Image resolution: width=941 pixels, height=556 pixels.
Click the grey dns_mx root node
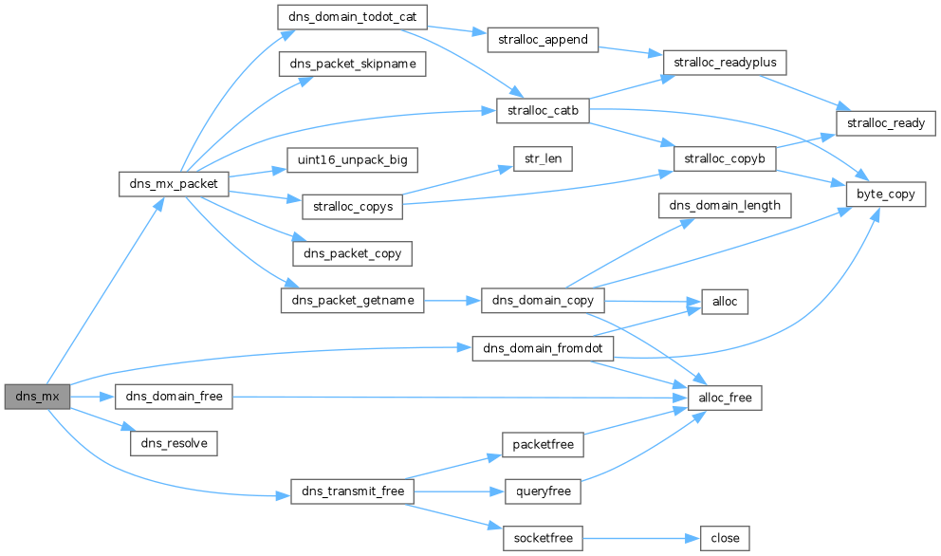tap(37, 397)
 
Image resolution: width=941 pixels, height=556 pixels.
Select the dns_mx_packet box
tap(174, 184)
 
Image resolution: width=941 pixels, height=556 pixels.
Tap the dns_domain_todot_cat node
tap(352, 17)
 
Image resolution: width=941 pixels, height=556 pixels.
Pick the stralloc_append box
tap(543, 40)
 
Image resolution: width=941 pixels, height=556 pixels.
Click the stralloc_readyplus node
tap(725, 63)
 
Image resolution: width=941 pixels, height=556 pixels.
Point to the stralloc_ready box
tap(886, 123)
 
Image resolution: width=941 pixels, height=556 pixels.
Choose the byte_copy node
tap(886, 194)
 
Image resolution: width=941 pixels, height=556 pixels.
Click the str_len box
tap(544, 158)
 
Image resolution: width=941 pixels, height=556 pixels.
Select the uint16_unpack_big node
tap(352, 160)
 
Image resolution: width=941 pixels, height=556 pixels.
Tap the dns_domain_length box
tap(725, 205)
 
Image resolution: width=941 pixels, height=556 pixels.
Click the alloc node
tap(725, 302)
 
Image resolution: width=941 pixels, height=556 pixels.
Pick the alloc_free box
tap(725, 398)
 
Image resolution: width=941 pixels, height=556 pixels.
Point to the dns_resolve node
tap(174, 443)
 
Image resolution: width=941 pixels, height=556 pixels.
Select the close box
tap(725, 538)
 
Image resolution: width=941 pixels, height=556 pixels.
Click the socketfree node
tap(543, 538)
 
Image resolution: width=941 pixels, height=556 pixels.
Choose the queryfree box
tap(544, 491)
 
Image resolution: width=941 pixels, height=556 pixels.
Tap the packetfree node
tap(543, 444)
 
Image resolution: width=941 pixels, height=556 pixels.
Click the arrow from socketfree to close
tap(641, 539)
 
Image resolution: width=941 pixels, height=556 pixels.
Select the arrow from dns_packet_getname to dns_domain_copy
tap(452, 300)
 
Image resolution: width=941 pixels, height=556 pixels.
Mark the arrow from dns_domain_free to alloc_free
tap(460, 397)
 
